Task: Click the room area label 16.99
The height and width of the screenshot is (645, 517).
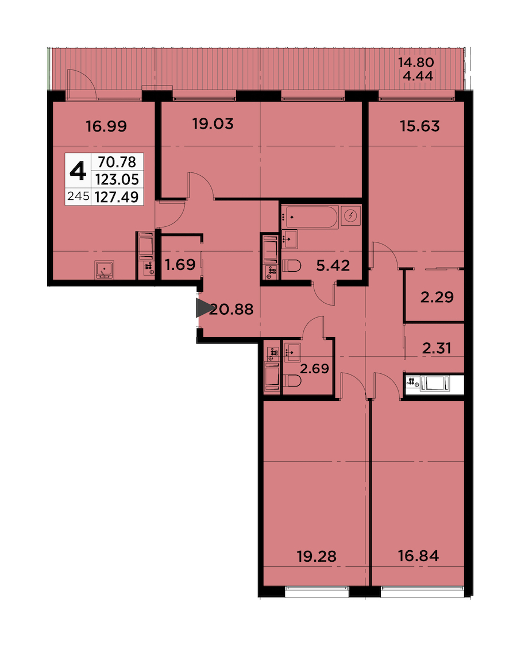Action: coord(106,126)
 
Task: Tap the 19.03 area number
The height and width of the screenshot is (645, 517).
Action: coord(213,123)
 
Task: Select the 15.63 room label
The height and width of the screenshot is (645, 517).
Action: coord(420,126)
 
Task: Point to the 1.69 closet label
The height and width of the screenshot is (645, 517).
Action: coord(180,264)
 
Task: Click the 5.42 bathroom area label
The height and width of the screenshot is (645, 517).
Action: coord(333,265)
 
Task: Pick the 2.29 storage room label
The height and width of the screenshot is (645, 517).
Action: coord(437,296)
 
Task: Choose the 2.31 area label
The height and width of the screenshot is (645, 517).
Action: coord(437,348)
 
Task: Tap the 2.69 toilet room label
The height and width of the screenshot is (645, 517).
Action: coord(314,368)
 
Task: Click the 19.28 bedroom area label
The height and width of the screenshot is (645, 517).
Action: coord(317,556)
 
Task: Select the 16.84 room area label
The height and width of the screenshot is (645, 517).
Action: coord(418,556)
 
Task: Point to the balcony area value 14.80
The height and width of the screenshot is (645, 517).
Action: coord(416,62)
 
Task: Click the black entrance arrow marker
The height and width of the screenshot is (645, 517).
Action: coord(205,308)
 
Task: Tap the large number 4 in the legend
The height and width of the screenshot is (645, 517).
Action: coord(78,171)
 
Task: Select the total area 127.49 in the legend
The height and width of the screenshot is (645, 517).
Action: coord(117,197)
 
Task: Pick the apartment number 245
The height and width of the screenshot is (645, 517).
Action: coord(78,196)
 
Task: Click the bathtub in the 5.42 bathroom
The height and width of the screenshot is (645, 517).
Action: coord(310,217)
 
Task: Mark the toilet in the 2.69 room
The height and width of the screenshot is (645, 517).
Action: coord(292,381)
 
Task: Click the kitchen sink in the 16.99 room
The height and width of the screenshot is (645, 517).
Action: coord(105,269)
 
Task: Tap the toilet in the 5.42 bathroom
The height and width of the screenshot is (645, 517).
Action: coord(292,266)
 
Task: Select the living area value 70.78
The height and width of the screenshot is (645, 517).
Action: coord(117,162)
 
